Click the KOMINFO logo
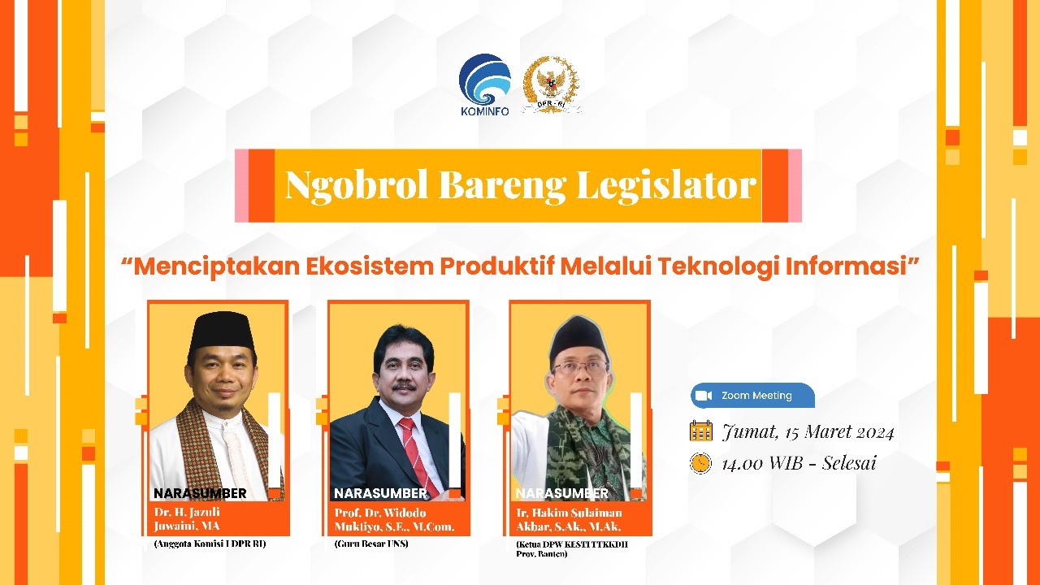coord(485,85)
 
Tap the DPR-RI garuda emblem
coord(551,84)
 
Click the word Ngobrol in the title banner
coord(356,185)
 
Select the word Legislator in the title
coord(666,185)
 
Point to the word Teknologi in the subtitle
coord(717,266)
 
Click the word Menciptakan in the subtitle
coord(217,266)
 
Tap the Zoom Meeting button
coord(752,396)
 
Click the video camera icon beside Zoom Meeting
coord(704,396)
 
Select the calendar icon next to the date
coord(701,431)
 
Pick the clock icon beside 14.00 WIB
coord(700,463)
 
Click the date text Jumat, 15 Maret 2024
coord(808,432)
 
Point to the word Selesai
coord(849,463)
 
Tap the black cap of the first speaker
coord(223,331)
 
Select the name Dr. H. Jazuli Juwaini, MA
coord(187,519)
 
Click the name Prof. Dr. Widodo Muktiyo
coord(394,519)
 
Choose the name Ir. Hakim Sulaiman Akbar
coord(569,519)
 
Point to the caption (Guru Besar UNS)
coord(371,544)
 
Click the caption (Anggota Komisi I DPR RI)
coord(210,544)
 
